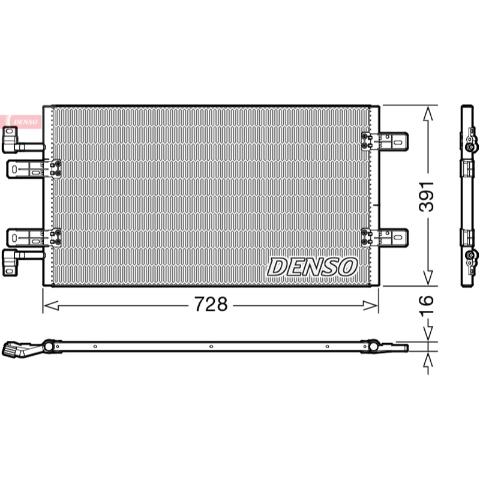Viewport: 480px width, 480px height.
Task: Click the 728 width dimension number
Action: [x=211, y=304]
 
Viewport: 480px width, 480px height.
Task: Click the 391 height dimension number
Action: [x=427, y=197]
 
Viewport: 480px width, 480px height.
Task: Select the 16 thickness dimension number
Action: [x=427, y=305]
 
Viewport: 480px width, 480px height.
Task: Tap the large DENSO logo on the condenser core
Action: [x=312, y=266]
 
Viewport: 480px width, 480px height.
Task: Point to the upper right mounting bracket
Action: [x=385, y=142]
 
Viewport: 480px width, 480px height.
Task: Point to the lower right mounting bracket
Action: [x=385, y=237]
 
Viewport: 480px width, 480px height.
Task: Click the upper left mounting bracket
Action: [x=34, y=169]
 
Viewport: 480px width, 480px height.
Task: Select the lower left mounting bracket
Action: [x=34, y=237]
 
